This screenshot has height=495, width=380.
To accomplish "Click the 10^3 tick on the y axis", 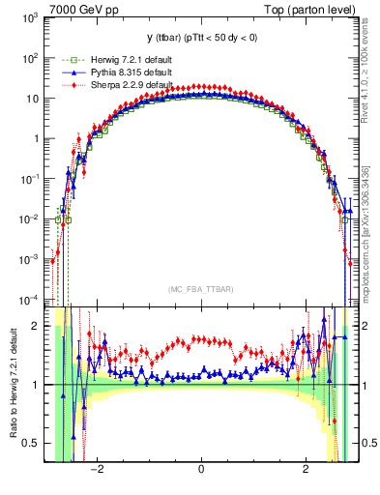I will (32, 18).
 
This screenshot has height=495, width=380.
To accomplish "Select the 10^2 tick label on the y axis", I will (32, 58).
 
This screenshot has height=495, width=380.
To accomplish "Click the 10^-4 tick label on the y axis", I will (32, 299).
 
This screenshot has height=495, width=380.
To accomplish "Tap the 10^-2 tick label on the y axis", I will (32, 218).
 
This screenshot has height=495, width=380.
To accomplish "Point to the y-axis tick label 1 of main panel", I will (38, 138).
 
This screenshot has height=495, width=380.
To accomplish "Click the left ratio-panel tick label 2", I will (40, 326).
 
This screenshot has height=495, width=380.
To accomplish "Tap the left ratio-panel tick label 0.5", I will (35, 443).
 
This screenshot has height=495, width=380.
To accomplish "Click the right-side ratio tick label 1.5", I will (365, 355).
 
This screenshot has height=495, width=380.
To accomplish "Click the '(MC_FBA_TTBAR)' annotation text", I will (200, 289).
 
